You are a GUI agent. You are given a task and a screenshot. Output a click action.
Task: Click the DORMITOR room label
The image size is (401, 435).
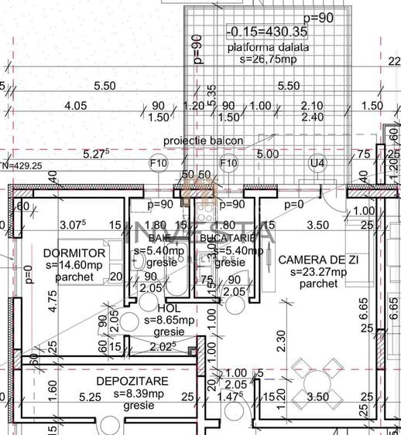coord(63,253)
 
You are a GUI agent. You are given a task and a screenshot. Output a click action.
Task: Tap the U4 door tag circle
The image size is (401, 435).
coord(317,163)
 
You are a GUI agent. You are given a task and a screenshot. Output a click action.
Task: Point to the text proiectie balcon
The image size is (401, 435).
coord(203,141)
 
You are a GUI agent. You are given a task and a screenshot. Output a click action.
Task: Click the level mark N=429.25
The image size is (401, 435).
coord(22,165)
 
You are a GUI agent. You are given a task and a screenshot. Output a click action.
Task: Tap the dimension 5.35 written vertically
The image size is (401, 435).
coord(211,97)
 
